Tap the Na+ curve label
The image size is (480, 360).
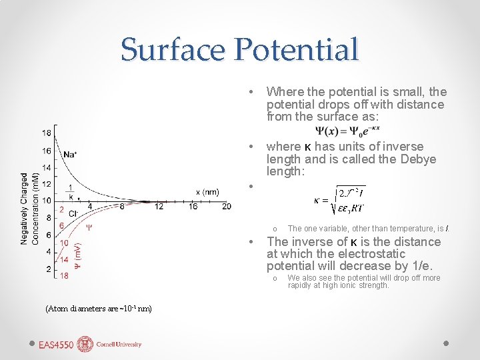[x=70, y=155]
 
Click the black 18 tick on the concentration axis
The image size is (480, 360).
[x=46, y=133]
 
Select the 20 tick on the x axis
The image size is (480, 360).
[x=227, y=207]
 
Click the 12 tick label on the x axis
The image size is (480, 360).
[x=158, y=207]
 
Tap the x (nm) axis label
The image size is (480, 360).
[x=207, y=192]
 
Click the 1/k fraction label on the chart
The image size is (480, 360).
[x=71, y=192]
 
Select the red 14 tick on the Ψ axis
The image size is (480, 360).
[x=64, y=259]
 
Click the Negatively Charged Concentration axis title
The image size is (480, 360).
[x=29, y=209]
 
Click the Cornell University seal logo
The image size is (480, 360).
[x=85, y=344]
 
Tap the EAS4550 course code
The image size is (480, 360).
[x=56, y=345]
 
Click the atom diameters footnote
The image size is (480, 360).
[x=99, y=308]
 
